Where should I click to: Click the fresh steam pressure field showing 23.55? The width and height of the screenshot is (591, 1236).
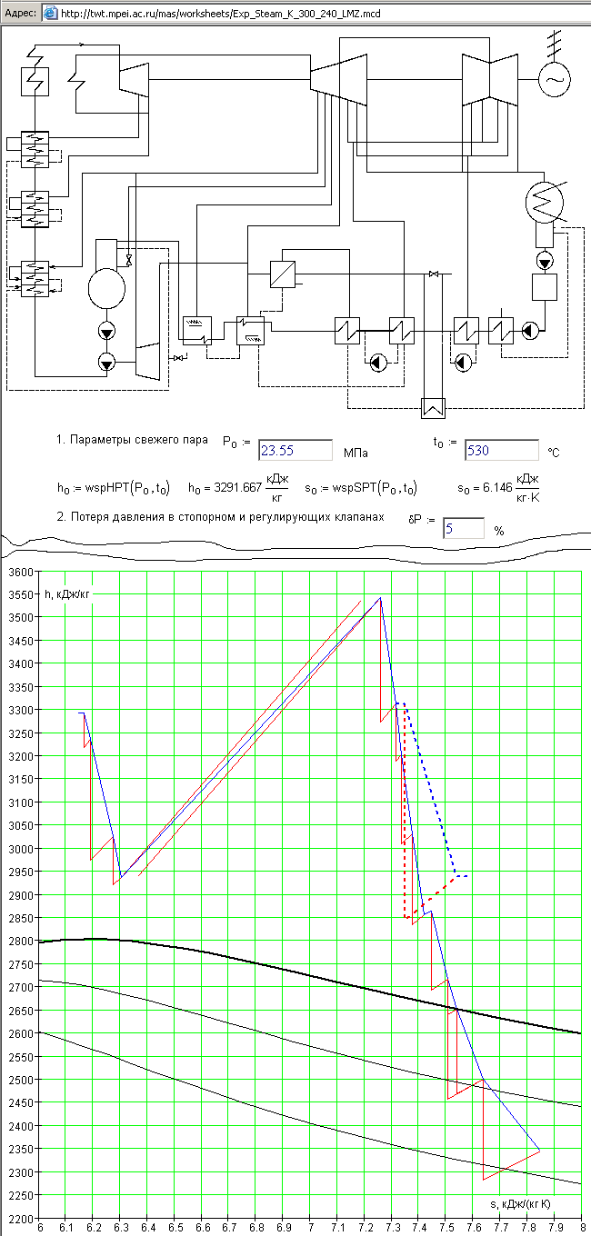click(295, 450)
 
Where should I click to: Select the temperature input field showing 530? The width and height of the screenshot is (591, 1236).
click(502, 450)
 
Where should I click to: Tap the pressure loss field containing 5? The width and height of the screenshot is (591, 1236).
click(464, 529)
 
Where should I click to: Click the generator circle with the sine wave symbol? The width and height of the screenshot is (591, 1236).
click(554, 79)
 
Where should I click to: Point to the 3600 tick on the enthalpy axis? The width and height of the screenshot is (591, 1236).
click(20, 573)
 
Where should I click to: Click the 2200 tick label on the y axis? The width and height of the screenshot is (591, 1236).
click(20, 1219)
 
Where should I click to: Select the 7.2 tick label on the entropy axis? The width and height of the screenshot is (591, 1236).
click(365, 1227)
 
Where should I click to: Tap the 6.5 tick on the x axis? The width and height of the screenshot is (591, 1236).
click(175, 1227)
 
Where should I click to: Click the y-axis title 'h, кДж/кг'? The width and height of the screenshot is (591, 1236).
click(66, 594)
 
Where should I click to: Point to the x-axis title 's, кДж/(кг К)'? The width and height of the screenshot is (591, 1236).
click(520, 1204)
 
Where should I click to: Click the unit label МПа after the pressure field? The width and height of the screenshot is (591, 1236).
click(356, 453)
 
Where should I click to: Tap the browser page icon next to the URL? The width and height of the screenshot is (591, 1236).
click(50, 13)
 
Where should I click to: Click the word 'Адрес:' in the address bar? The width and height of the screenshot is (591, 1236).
click(20, 13)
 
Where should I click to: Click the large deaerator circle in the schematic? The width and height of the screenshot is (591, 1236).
click(106, 289)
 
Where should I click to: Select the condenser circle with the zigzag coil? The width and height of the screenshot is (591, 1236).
click(545, 203)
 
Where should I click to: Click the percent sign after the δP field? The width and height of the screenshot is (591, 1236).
click(499, 531)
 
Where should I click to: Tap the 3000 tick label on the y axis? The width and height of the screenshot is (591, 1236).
click(20, 849)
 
